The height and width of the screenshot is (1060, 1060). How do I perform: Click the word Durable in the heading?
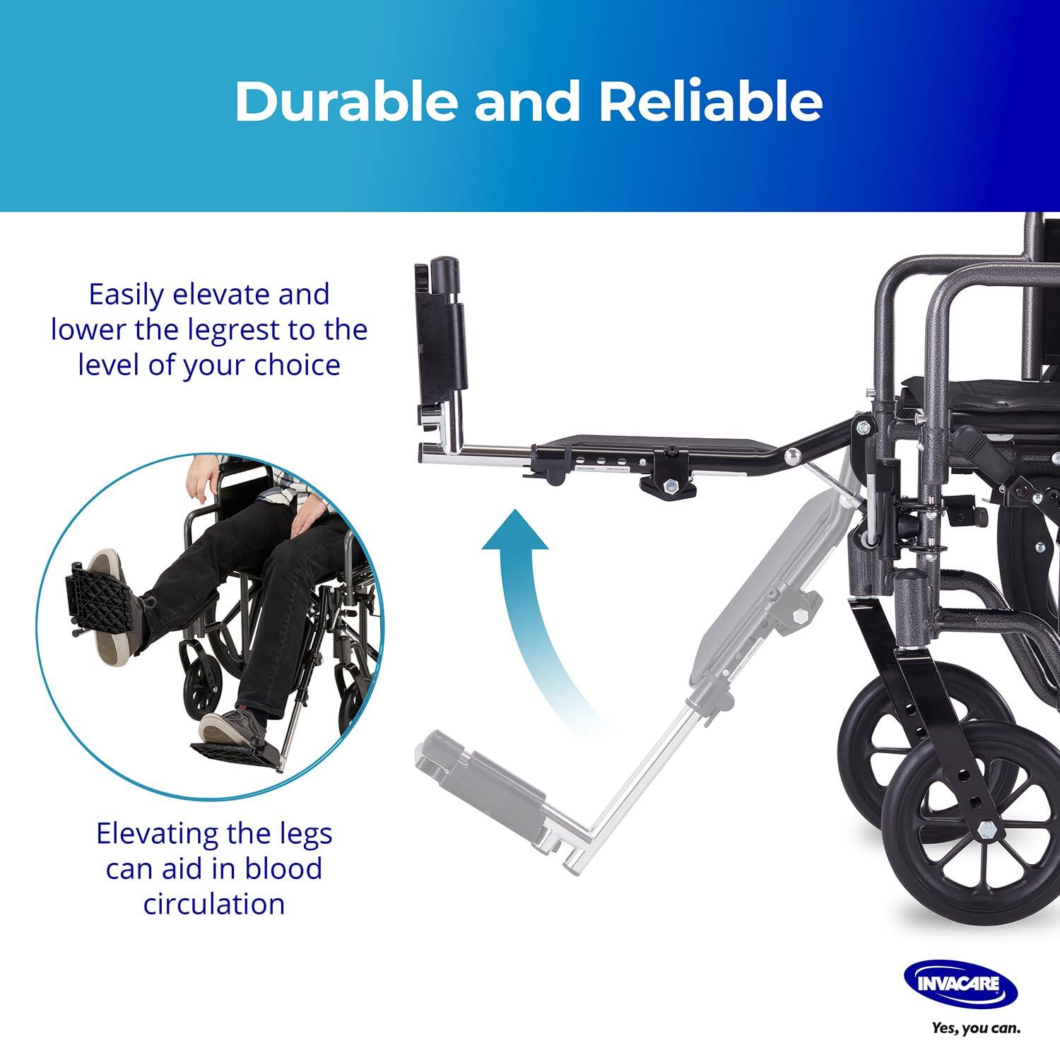click(x=347, y=102)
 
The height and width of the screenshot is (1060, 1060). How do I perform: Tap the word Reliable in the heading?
click(x=711, y=102)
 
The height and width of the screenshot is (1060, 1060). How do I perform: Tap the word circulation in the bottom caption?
click(x=214, y=904)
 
